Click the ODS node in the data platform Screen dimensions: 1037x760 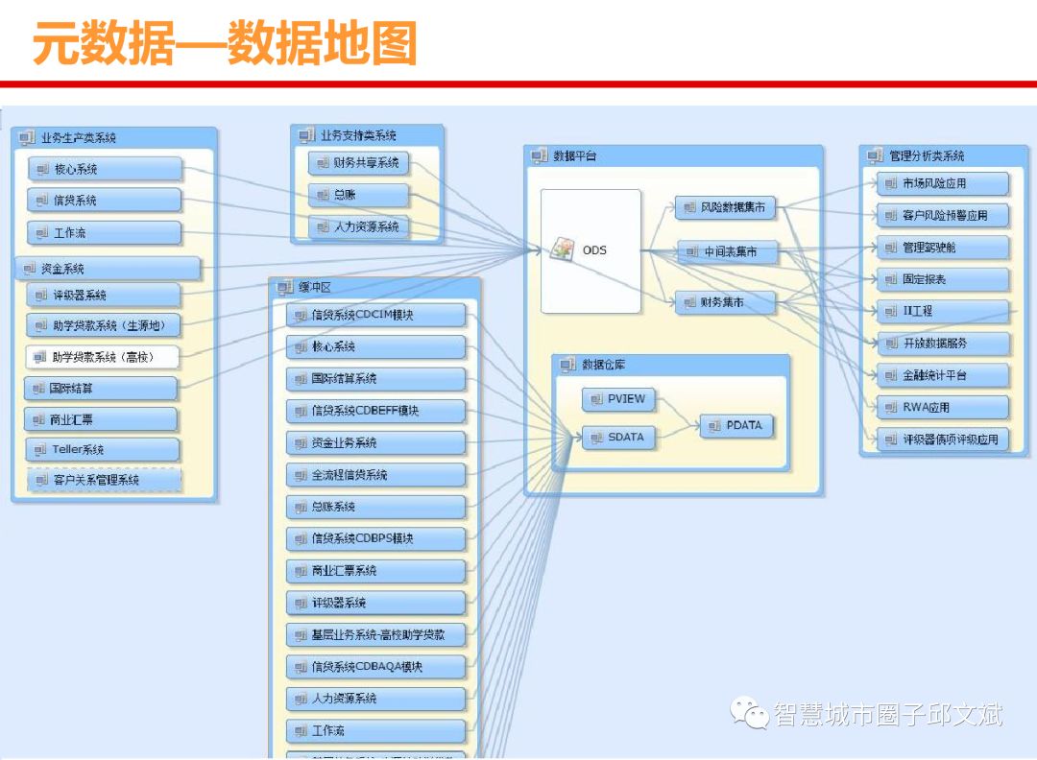click(591, 250)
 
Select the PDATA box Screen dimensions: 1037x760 click(736, 425)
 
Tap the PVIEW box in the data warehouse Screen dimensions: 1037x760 click(618, 398)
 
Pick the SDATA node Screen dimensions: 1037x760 click(618, 438)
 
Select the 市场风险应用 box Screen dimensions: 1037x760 click(942, 183)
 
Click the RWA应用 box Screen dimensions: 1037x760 click(942, 407)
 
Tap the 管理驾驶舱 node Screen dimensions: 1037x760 click(942, 248)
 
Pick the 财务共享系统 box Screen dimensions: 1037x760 click(358, 163)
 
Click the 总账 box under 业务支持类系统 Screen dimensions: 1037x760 click(358, 195)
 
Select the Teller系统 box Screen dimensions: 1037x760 click(102, 449)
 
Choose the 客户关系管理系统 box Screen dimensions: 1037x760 click(105, 480)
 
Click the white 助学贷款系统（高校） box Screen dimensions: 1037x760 click(103, 357)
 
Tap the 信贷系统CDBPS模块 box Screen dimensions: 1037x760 click(375, 538)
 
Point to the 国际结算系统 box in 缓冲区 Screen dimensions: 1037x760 click(375, 379)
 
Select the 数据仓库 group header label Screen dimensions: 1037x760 click(604, 365)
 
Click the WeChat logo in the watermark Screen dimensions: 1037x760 click(749, 713)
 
